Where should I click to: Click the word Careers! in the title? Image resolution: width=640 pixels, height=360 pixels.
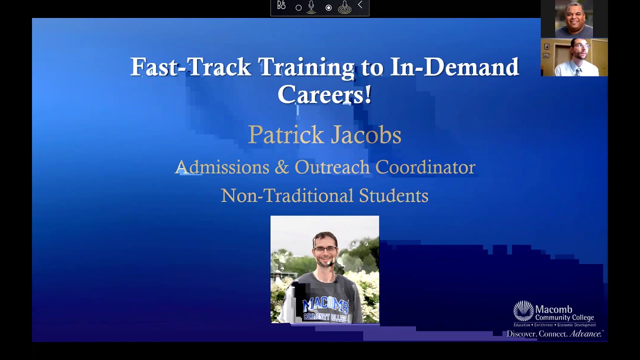[324, 94]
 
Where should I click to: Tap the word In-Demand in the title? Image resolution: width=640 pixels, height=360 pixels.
[454, 67]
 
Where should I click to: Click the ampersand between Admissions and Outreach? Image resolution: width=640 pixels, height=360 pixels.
[282, 167]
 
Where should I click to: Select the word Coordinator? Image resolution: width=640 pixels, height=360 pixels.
[425, 167]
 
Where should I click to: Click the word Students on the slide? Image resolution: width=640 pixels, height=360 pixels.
[393, 195]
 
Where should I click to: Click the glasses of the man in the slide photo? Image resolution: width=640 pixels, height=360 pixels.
[325, 249]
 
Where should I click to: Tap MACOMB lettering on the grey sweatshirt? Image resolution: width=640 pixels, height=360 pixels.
[325, 303]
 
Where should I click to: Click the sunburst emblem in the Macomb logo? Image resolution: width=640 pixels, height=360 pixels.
[523, 311]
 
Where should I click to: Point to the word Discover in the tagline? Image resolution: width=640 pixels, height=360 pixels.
[522, 334]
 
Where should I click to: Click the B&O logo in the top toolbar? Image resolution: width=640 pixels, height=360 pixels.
[281, 6]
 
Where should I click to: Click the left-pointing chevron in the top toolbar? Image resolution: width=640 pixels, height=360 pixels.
[360, 5]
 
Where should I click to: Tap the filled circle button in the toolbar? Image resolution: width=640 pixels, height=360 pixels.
[328, 7]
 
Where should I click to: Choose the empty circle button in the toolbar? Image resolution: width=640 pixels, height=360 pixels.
[298, 7]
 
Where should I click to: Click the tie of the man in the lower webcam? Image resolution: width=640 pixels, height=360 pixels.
[577, 71]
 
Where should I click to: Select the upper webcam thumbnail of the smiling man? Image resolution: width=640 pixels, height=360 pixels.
[574, 19]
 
